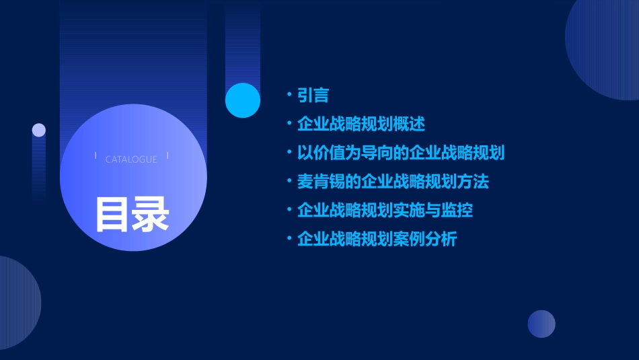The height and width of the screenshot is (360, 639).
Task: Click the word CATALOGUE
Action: (131, 159)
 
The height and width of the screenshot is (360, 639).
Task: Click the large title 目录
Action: (133, 214)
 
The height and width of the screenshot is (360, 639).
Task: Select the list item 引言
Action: (313, 96)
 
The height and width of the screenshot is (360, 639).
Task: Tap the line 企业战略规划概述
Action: (361, 124)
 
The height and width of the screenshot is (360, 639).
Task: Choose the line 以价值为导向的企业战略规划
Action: (401, 153)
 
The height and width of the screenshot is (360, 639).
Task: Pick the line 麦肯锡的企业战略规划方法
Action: (393, 182)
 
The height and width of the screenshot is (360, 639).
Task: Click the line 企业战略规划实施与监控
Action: (385, 210)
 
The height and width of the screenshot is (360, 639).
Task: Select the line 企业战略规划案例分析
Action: (377, 239)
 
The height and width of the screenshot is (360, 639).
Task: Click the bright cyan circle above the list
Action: (243, 100)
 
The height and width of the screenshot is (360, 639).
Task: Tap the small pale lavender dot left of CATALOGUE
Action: (39, 130)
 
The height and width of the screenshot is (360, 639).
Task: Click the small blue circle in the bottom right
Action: (541, 324)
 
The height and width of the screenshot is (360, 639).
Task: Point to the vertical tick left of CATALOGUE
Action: (96, 156)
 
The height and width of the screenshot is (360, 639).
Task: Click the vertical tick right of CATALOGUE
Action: (167, 156)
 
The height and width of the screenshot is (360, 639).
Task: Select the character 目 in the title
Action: (112, 214)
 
